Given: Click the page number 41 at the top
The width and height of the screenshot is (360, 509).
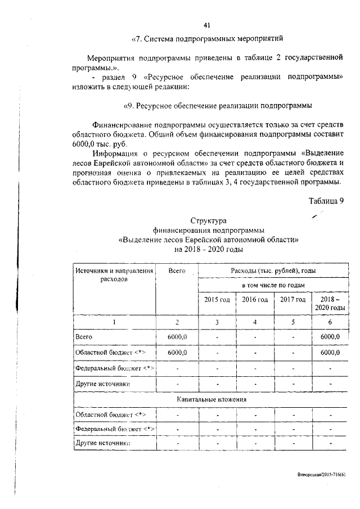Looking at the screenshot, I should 206,25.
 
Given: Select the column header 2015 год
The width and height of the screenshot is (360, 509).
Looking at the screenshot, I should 217,300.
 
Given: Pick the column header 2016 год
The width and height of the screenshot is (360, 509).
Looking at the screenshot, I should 255,300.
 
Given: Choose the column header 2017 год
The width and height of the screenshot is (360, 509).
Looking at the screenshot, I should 292,300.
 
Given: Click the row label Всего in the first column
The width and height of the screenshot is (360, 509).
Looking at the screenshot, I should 83,336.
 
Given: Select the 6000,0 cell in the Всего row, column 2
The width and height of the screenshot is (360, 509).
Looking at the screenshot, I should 177,336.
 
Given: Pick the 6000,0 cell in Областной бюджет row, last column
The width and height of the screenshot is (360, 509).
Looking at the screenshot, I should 330,352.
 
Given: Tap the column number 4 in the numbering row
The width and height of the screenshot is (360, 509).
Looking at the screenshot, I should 255,322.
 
